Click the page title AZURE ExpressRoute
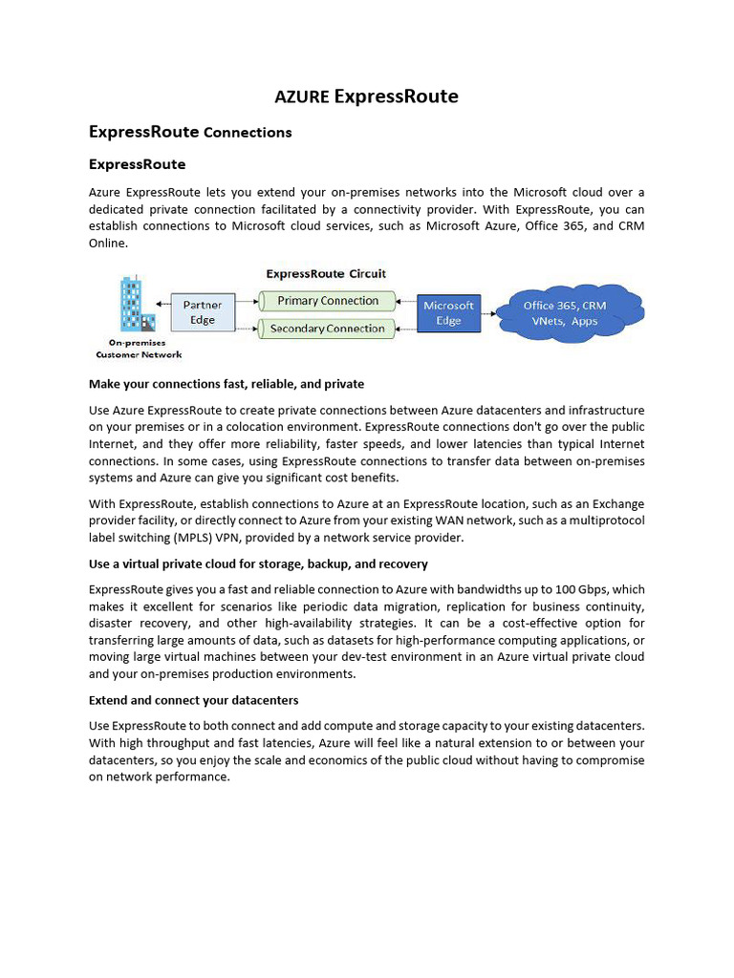[366, 96]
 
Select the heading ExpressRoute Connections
[190, 132]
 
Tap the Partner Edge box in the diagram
[203, 312]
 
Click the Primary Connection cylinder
[328, 301]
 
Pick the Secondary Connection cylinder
[327, 329]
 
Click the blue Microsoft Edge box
[448, 313]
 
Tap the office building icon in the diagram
[132, 305]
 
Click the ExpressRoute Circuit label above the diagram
[326, 274]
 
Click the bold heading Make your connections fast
[226, 384]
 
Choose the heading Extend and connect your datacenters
[193, 700]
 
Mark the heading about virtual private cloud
[258, 563]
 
